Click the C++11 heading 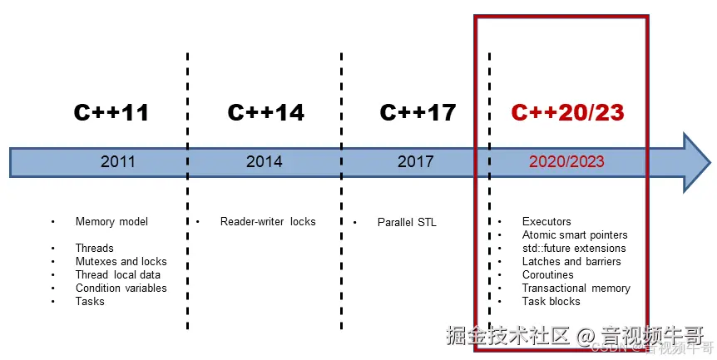pos(111,112)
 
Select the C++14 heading pos(265,112)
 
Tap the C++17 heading pos(418,112)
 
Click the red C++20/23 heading pos(567,112)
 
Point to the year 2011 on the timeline pos(117,161)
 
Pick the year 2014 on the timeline pos(265,161)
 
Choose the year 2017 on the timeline pos(415,161)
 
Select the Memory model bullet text pos(111,222)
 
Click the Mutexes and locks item pos(120,262)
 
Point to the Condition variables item pos(121,288)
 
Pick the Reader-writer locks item pos(268,222)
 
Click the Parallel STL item pos(407,222)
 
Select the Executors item pos(546,222)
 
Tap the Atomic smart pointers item pos(575,235)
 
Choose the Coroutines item pos(547,275)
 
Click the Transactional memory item pos(576,288)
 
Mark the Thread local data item pos(117,275)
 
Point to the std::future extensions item pos(574,249)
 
